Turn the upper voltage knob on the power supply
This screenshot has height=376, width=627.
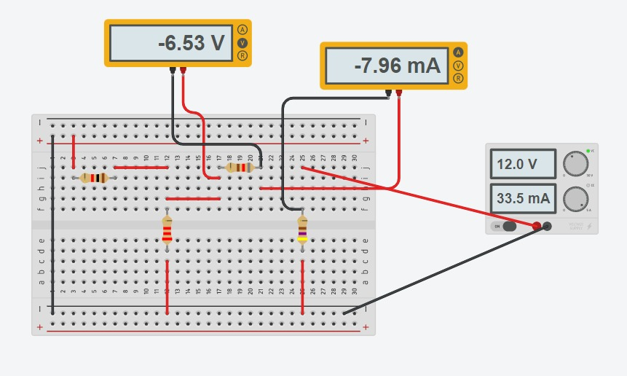click(x=575, y=164)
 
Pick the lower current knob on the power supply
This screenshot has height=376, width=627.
click(x=575, y=197)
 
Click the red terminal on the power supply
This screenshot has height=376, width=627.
click(x=537, y=226)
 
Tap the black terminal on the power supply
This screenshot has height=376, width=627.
click(x=548, y=226)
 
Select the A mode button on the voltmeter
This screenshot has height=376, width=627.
click(x=242, y=30)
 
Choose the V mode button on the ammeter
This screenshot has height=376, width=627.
click(x=458, y=66)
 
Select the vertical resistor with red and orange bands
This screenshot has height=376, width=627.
click(x=167, y=231)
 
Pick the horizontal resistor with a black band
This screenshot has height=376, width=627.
click(x=94, y=178)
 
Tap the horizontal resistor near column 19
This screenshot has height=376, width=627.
click(x=240, y=168)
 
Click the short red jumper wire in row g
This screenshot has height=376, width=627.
click(x=193, y=198)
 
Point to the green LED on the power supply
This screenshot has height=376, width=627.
click(x=588, y=151)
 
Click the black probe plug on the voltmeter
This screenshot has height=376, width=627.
click(x=173, y=71)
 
